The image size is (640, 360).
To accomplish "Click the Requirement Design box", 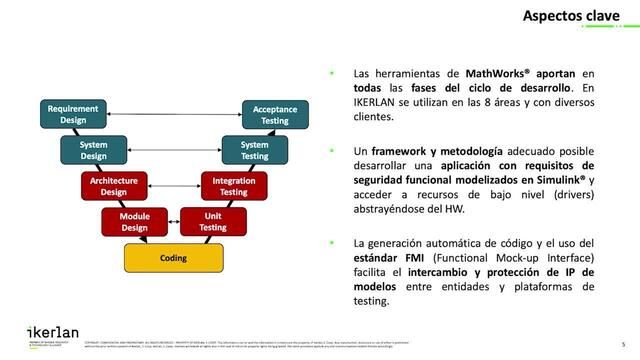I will tap(73, 114).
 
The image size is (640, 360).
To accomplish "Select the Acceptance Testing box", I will tap(275, 114).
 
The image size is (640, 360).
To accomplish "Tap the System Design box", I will tap(93, 150).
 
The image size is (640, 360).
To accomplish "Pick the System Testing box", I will tap(255, 150).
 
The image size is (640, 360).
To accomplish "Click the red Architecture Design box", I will tap(113, 186).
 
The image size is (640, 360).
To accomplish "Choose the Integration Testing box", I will tap(233, 186).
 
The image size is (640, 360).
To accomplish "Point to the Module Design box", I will tap(134, 221).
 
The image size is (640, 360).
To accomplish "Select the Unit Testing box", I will tap(213, 221).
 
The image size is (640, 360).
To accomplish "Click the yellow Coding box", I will tap(173, 258).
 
